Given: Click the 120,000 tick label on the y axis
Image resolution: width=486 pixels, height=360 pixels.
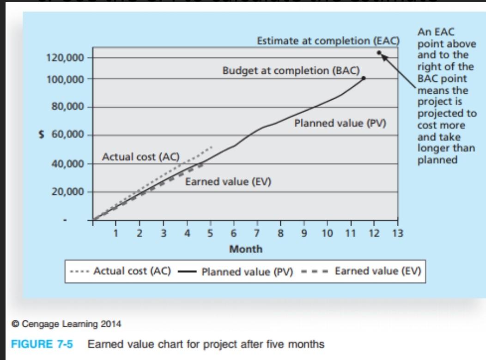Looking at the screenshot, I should tap(65, 58).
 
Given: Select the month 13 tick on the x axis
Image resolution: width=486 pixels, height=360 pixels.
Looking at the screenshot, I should tap(397, 234).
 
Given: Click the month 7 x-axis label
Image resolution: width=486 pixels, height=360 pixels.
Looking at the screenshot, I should tap(257, 234).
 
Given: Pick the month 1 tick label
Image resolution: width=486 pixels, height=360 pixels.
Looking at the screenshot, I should tap(116, 234).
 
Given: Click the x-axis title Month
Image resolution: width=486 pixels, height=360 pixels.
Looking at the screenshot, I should tap(246, 249).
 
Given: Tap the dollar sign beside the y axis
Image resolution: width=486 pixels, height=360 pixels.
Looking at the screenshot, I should tap(42, 135).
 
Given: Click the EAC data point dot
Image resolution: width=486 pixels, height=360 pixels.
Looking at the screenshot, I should tap(379, 53).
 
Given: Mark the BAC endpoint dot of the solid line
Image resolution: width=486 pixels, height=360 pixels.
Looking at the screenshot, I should tap(364, 78).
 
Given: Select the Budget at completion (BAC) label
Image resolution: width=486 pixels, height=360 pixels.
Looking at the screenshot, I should tap(291, 71).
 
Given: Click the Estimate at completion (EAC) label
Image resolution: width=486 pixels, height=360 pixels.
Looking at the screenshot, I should tap(328, 41).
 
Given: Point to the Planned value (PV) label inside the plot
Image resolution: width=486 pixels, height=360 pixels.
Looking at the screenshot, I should tap(340, 124).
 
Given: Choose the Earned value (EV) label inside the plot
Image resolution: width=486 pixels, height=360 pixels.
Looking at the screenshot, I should tap(228, 182).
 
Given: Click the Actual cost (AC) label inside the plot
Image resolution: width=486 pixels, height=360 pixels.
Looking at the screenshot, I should tap(140, 157).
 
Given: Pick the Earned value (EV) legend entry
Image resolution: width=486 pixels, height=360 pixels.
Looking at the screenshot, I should tap(378, 271).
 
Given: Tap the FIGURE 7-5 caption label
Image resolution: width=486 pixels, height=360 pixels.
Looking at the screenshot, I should tap(43, 344).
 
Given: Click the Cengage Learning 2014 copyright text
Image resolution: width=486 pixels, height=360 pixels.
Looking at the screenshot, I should tap(67, 324).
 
